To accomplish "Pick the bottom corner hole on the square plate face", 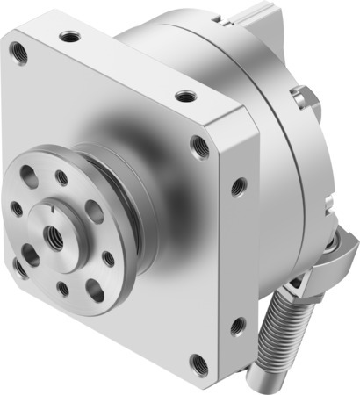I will point(197,360).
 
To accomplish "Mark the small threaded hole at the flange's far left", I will point(15,210).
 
